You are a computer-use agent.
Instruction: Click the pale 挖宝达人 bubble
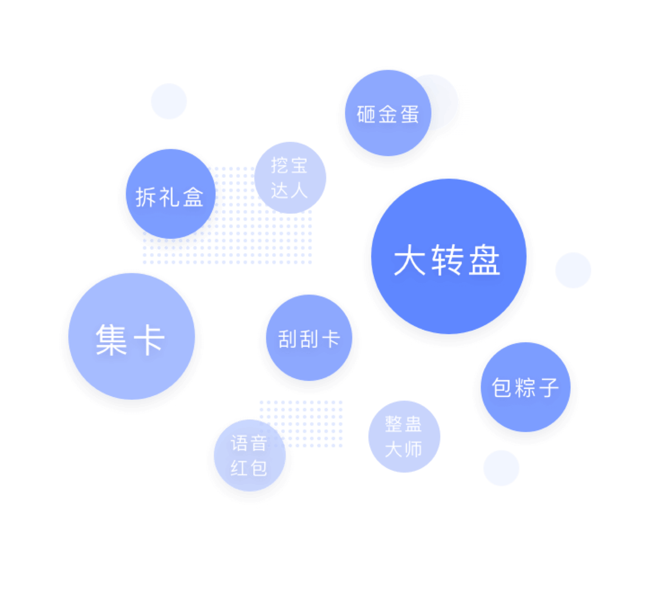tap(290, 178)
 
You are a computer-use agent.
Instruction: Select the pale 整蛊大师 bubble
tap(404, 436)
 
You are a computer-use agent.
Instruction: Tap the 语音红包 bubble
tap(249, 455)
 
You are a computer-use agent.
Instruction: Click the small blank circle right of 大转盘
tap(573, 270)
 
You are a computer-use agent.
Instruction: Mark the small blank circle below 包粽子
tap(501, 468)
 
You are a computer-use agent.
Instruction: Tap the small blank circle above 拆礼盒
tap(169, 101)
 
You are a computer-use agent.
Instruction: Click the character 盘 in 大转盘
tap(484, 260)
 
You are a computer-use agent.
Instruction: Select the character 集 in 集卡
tap(111, 340)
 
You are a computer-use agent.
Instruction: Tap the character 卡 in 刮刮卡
tap(331, 339)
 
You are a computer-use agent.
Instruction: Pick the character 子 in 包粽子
tap(548, 388)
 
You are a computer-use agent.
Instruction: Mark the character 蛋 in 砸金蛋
tap(410, 114)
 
